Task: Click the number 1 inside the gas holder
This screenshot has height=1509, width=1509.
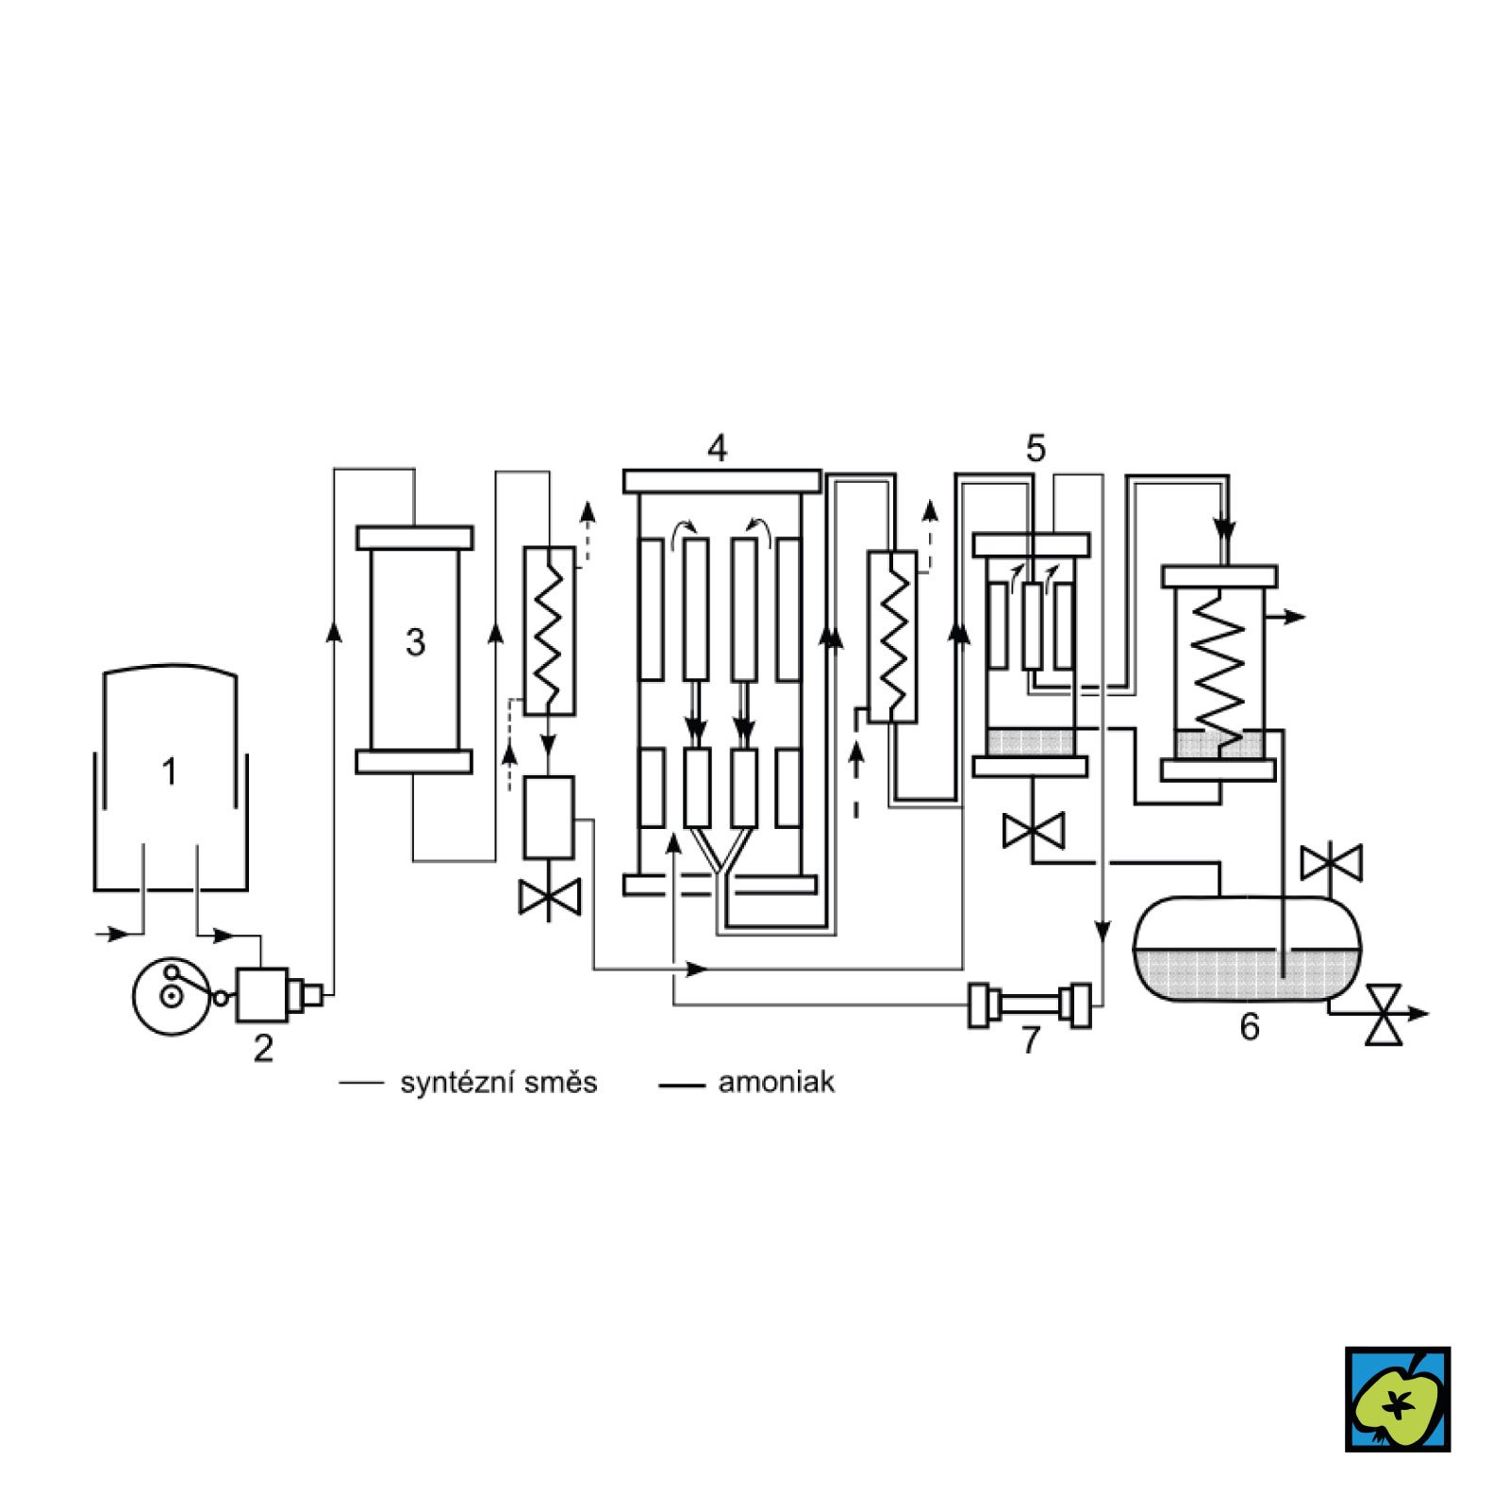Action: pos(169,772)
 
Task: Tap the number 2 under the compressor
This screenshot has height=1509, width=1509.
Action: pos(263,1049)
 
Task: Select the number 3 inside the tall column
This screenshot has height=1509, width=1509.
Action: pos(415,642)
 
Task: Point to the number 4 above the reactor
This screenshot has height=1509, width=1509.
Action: pos(718,449)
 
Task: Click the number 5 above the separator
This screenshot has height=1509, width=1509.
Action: pos(1036,449)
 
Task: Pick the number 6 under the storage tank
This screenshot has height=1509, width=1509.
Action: pos(1250,1026)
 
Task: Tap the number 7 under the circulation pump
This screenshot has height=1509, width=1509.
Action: pos(1031,1040)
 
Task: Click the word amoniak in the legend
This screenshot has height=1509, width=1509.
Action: pos(776,1082)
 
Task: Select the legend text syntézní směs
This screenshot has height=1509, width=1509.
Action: pos(499,1083)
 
